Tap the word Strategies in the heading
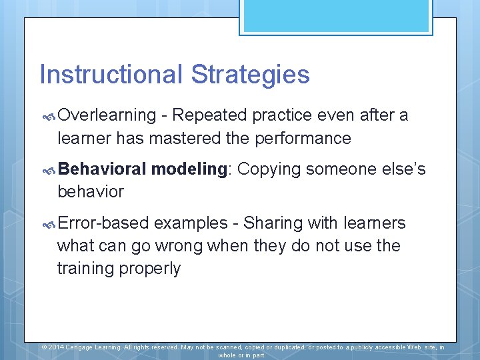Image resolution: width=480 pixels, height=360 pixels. (x=250, y=74)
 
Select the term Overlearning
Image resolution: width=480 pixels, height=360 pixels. (x=107, y=115)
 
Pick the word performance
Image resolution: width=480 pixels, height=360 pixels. (x=307, y=138)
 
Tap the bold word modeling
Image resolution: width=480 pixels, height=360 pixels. (x=189, y=169)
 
